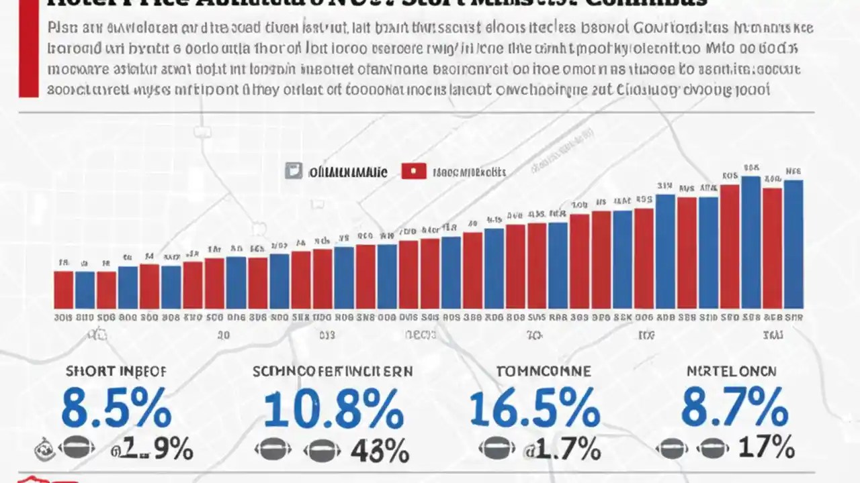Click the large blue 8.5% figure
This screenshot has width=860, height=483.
[116, 409]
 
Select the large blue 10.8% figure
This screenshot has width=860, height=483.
[333, 409]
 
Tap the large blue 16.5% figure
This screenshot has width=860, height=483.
[533, 409]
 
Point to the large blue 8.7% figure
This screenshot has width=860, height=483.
[734, 409]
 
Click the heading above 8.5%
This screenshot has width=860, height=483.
[116, 371]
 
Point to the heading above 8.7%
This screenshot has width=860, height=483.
[731, 371]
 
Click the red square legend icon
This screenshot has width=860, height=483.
[414, 171]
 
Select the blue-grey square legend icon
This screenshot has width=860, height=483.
[294, 171]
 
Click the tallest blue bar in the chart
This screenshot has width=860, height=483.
[750, 242]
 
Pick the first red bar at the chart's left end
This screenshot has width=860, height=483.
[63, 289]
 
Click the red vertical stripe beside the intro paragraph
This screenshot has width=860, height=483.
[28, 50]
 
